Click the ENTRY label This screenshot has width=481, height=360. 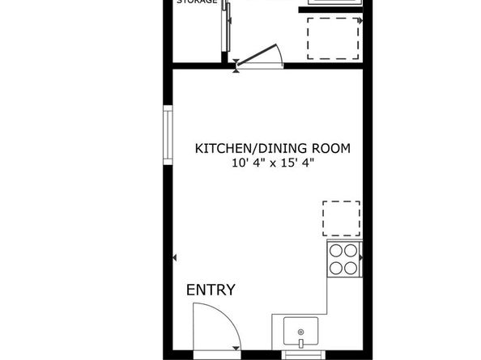coord(211,290)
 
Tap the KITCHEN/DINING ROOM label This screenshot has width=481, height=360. coord(272,148)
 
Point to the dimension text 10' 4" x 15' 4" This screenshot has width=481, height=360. coord(272,163)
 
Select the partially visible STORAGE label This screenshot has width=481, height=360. coord(197,2)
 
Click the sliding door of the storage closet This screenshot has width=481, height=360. coord(226,28)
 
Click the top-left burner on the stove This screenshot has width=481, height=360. coord(334,252)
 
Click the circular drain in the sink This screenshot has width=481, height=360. coord(301,332)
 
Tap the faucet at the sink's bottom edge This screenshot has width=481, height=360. coord(301,345)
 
